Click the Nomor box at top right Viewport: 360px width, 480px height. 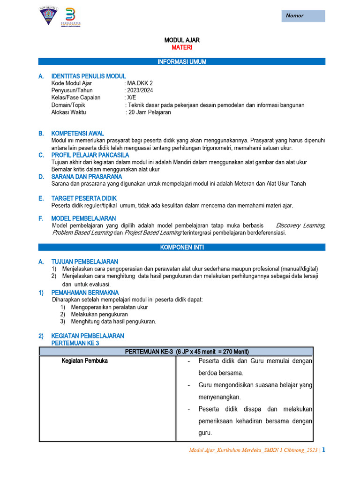303,15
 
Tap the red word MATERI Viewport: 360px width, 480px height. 181,48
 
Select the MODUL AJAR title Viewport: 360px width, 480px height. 181,41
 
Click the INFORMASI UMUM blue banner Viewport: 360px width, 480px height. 181,62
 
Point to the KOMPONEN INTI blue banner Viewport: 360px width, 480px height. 181,247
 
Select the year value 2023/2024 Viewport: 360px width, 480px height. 139,90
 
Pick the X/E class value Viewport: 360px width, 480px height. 131,97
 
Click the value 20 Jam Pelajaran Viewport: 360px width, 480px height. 150,112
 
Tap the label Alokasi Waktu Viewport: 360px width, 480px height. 68,112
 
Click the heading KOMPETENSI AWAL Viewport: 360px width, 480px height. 77,134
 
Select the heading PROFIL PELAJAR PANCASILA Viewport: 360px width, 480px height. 90,155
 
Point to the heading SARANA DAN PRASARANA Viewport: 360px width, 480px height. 86,177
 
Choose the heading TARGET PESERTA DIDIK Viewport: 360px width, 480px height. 83,198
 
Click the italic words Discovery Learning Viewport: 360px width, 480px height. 300,225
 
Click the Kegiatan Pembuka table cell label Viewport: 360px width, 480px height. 85,361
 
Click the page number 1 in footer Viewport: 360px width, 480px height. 323,450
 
